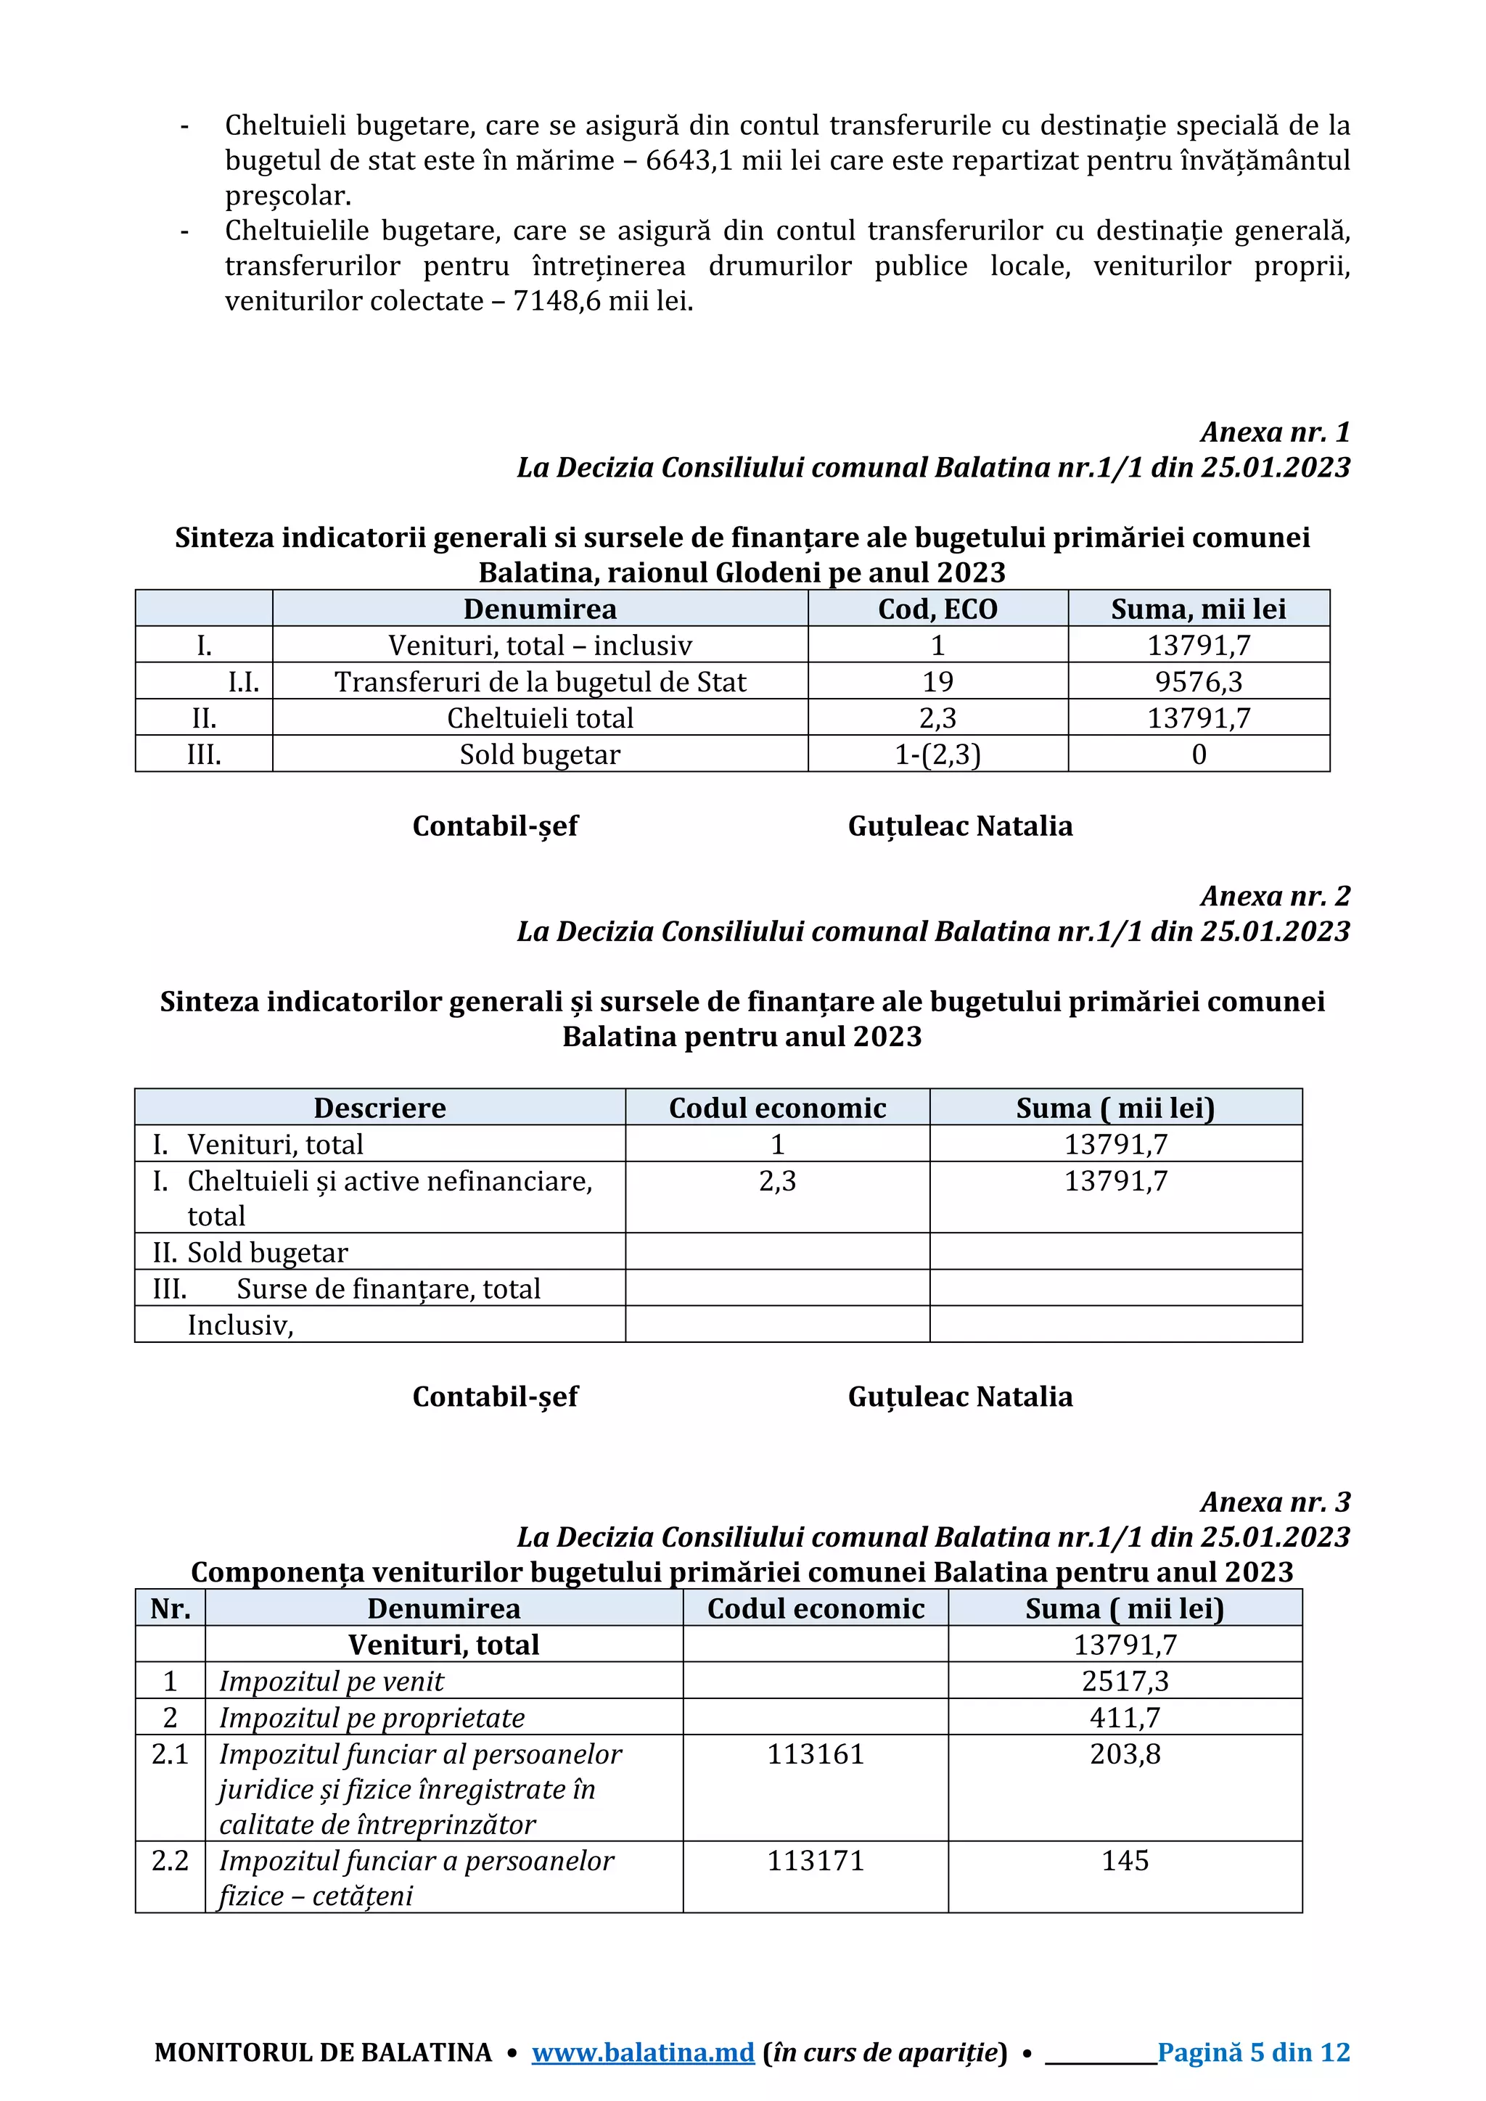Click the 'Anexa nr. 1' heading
click(x=1275, y=432)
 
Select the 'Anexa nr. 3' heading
click(x=1275, y=1502)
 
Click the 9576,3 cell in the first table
click(x=1198, y=682)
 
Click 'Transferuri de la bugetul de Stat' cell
click(x=540, y=682)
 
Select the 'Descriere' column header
click(x=379, y=1108)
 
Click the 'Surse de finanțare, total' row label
click(x=388, y=1288)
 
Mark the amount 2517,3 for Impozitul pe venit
click(x=1125, y=1681)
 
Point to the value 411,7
click(x=1125, y=1718)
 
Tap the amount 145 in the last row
click(x=1125, y=1860)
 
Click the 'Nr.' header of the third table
click(x=171, y=1608)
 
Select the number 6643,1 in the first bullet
click(x=687, y=161)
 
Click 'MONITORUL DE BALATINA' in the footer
click(x=323, y=2052)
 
